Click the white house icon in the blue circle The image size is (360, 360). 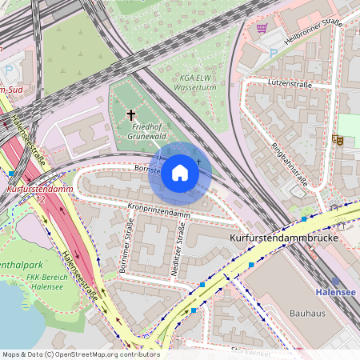tap(180, 173)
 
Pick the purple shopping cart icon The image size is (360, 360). tap(262, 28)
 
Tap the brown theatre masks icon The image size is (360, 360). tap(338, 140)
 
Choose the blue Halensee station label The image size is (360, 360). tap(336, 293)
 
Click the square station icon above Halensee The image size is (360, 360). tap(335, 282)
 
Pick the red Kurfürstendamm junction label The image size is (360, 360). tap(40, 190)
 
